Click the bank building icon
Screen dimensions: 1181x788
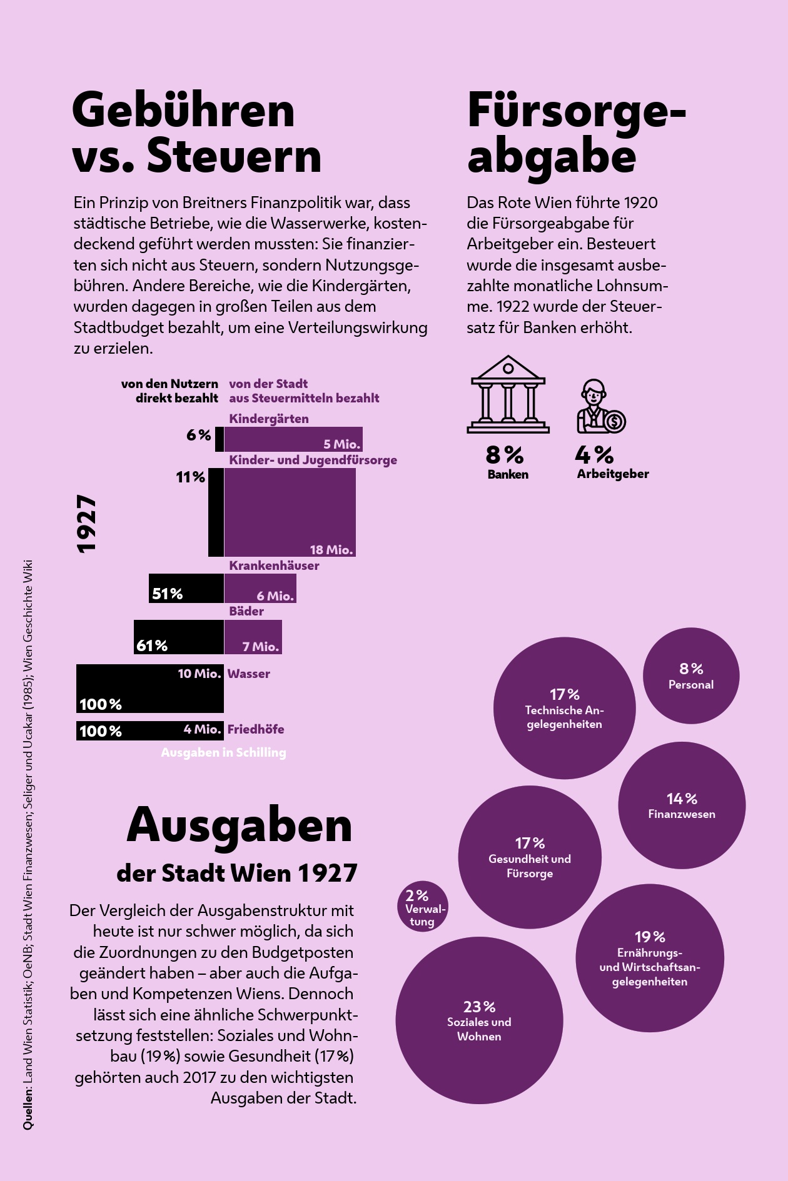(x=508, y=395)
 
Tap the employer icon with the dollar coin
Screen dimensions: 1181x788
(x=600, y=407)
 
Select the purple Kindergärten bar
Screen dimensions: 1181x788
(x=293, y=439)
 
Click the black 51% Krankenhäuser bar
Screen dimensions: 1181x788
(x=186, y=588)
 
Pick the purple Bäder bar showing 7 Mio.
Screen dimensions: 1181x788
(x=253, y=637)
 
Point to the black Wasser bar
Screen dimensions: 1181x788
(x=150, y=688)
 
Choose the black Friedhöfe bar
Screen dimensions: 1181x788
(x=150, y=730)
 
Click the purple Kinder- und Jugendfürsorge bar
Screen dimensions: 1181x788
(x=290, y=512)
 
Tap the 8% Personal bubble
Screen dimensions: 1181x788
(x=691, y=675)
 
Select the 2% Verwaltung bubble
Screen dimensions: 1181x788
(x=423, y=906)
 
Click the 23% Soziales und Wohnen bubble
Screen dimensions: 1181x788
(x=479, y=1020)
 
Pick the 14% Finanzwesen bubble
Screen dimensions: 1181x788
(x=682, y=805)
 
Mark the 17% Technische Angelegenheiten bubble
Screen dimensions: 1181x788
(x=564, y=708)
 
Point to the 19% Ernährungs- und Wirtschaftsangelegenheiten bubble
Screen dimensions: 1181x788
(x=650, y=957)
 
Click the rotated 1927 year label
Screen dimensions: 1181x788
(x=87, y=524)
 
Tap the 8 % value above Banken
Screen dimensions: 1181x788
(x=505, y=454)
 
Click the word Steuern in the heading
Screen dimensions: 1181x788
(x=234, y=156)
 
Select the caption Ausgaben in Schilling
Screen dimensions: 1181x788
(x=223, y=752)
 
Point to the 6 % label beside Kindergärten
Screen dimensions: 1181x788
(x=199, y=435)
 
